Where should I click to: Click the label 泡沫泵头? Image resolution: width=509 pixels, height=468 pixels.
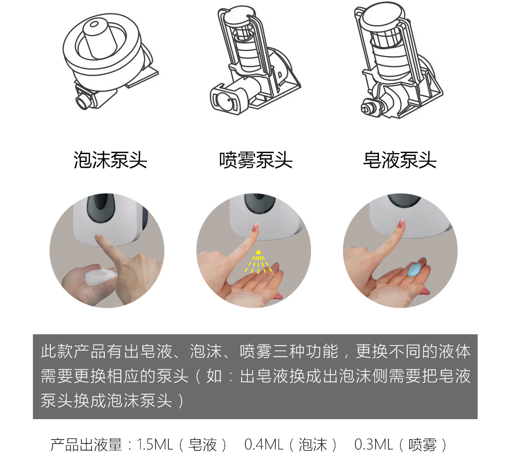coord(111,160)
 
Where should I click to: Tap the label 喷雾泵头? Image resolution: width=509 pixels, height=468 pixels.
coord(256,160)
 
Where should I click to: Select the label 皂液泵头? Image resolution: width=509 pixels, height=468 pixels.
coord(400,160)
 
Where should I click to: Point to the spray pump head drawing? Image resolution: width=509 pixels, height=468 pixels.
coord(255,60)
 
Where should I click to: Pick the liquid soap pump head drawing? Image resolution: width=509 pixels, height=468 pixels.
coord(401,60)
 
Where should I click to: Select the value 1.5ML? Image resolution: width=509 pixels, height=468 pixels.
coord(155,444)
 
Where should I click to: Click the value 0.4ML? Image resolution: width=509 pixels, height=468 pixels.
coord(264,444)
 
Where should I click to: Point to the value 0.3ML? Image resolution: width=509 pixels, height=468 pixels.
coord(374,444)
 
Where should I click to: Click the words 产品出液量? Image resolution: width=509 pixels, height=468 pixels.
coord(86,444)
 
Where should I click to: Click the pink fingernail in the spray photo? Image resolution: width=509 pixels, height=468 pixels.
coord(255,227)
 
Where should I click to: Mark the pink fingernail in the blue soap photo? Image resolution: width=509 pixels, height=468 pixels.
coord(402,223)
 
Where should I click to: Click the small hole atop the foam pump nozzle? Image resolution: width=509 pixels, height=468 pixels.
coord(95,24)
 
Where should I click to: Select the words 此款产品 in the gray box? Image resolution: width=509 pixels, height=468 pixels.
coord(74,351)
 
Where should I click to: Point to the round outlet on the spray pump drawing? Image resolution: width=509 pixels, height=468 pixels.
coord(224,101)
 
